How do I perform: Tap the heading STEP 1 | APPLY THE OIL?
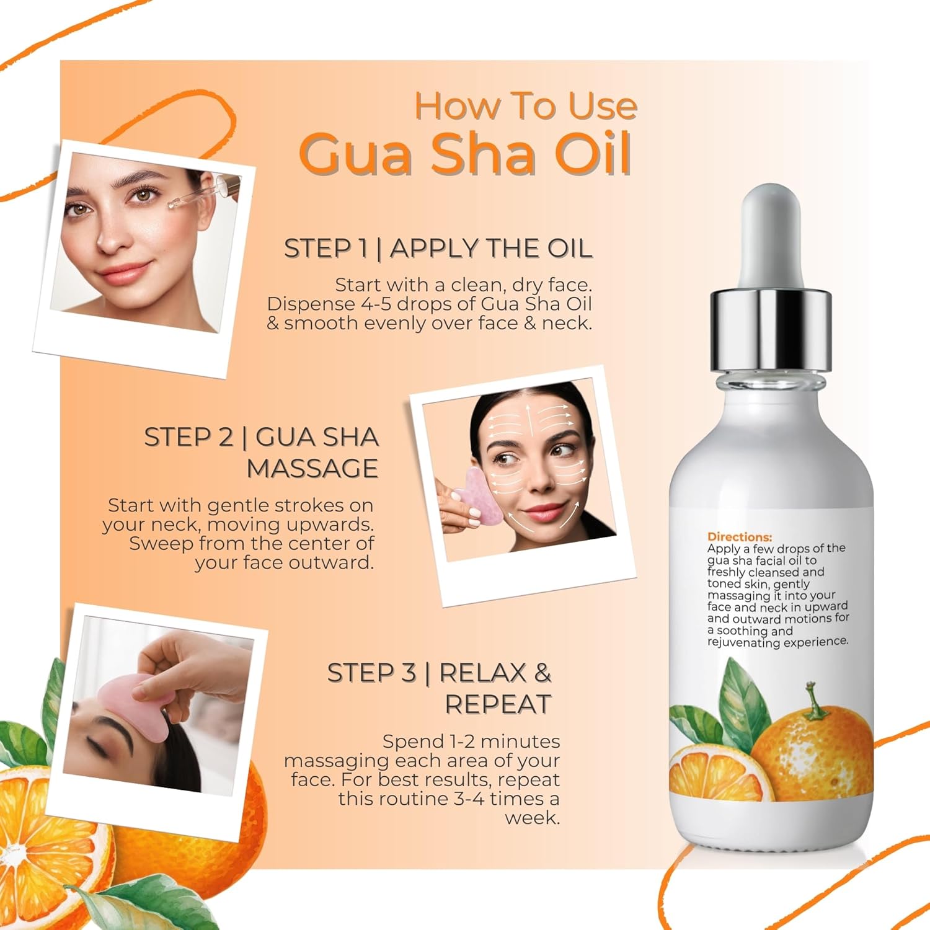pos(438,248)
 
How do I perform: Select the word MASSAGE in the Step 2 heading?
pos(312,468)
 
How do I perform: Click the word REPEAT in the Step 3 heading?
pos(498,704)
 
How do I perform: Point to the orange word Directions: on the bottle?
pos(740,537)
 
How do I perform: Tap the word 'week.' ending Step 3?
pos(533,818)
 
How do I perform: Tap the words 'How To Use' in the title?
pos(526,106)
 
